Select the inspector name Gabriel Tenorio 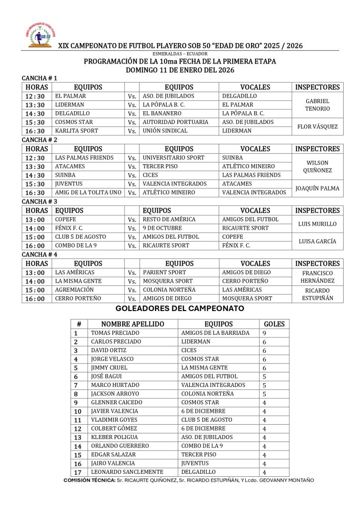(x=317, y=105)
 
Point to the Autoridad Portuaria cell (x=175, y=122)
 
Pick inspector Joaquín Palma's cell (x=317, y=188)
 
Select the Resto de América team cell (x=169, y=219)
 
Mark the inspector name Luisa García (x=317, y=241)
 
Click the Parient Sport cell (x=164, y=272)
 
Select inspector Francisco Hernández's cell (x=317, y=277)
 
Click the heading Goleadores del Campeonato (x=180, y=309)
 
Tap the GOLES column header (x=274, y=324)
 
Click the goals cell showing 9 (x=265, y=333)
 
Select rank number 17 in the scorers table (x=77, y=472)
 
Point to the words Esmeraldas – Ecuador (x=180, y=53)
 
